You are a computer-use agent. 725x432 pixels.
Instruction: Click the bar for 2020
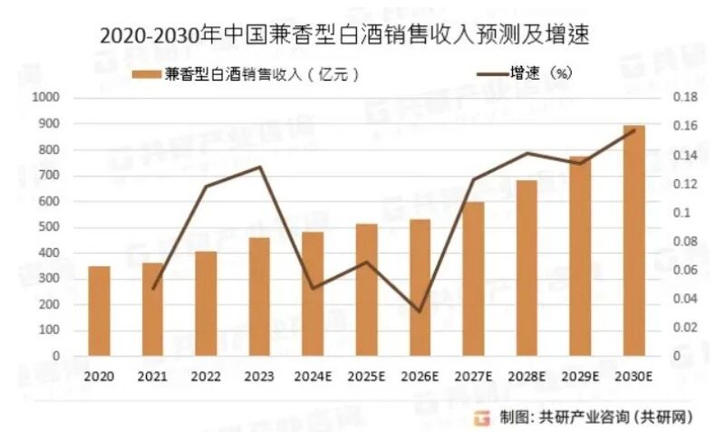click(99, 311)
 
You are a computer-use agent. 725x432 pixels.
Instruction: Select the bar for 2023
click(259, 296)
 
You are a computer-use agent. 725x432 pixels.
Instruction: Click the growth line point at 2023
click(259, 167)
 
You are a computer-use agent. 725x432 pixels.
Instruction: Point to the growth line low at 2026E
click(420, 312)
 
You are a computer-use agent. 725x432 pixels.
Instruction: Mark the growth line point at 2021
click(153, 288)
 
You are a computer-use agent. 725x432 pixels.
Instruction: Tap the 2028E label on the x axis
click(527, 374)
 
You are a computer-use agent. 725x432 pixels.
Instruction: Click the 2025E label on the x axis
click(366, 374)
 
